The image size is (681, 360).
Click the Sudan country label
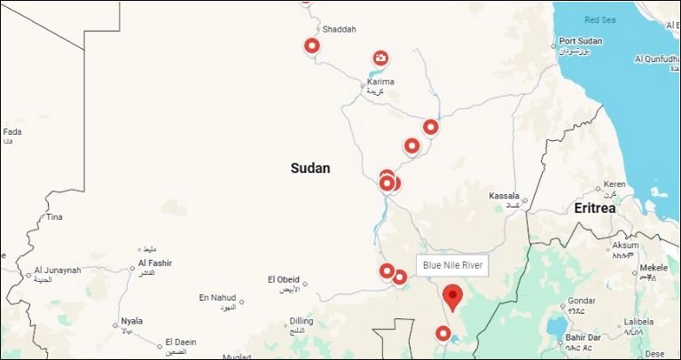coord(309,168)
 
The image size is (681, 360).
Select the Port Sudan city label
coord(581,42)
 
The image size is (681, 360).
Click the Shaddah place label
coord(339,29)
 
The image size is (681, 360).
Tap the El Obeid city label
coord(283,279)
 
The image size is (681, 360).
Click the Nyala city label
coord(131,321)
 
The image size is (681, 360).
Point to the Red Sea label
coord(599,19)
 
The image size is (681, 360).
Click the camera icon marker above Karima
coord(380,59)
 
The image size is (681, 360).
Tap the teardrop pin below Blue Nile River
coord(453,296)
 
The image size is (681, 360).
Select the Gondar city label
coord(582,300)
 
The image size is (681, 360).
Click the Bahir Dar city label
coord(583,337)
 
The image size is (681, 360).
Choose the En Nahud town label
coord(217,297)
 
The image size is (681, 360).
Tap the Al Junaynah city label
coord(58,270)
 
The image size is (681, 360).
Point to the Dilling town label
coord(301,321)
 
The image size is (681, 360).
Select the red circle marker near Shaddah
coord(312,45)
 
